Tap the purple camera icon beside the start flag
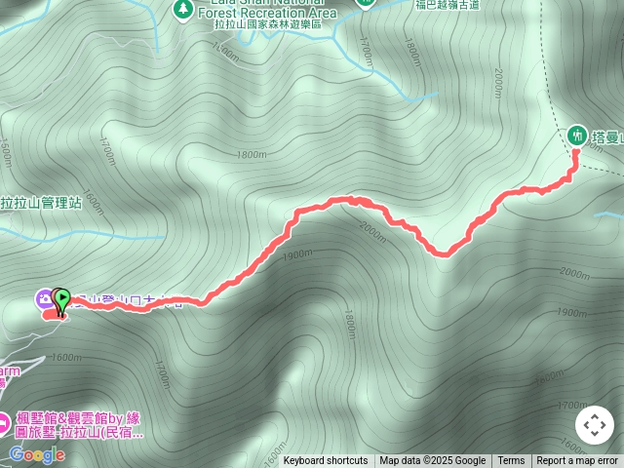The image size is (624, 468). coord(44,297)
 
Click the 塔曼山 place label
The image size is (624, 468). coord(608,136)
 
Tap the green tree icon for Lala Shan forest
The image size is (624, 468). coord(182,9)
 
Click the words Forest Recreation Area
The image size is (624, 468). coord(267,14)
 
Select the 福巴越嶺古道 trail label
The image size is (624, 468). coord(447,5)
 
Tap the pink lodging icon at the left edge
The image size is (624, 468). coord(4,425)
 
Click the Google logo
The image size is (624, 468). coord(37,454)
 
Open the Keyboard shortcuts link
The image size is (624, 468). coord(326,461)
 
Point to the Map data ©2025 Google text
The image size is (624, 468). coord(432,461)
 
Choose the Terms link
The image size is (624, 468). coord(511,461)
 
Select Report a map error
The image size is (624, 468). coord(577,461)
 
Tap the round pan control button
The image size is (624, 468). coord(594,426)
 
